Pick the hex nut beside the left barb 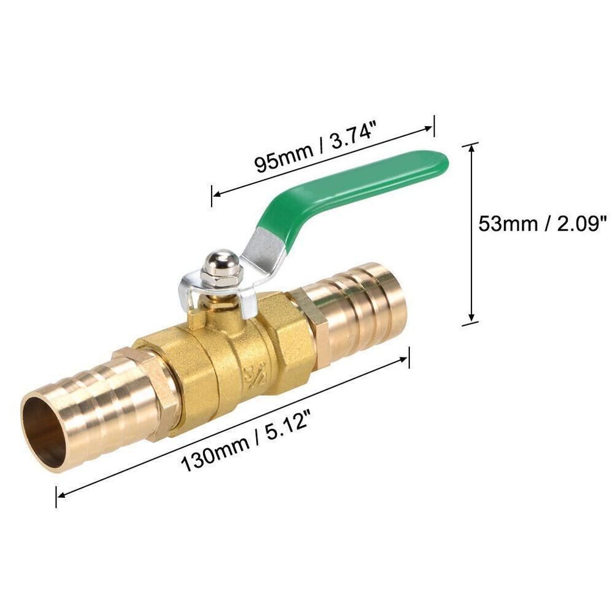[x=151, y=391]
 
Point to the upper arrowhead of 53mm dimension [x=471, y=147]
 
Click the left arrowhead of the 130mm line [x=60, y=493]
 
